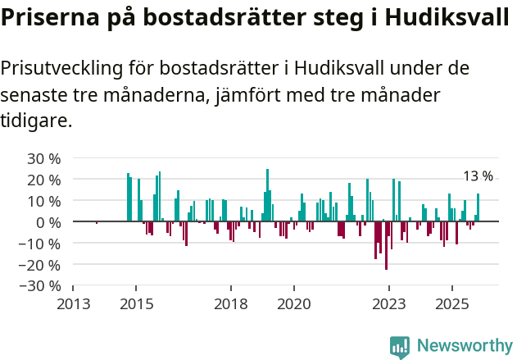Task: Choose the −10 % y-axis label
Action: pos(40,244)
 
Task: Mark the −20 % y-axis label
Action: pos(40,265)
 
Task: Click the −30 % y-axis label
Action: pos(40,286)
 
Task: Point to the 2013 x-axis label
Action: pos(73,303)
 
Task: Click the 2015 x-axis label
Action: pos(136,303)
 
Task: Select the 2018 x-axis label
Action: pos(231,303)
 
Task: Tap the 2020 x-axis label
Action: pos(294,303)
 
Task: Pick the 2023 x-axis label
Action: pos(389,303)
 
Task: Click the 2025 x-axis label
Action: pos(452,303)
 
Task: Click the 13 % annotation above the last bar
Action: pos(478,177)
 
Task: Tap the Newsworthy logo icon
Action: pos(400,347)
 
